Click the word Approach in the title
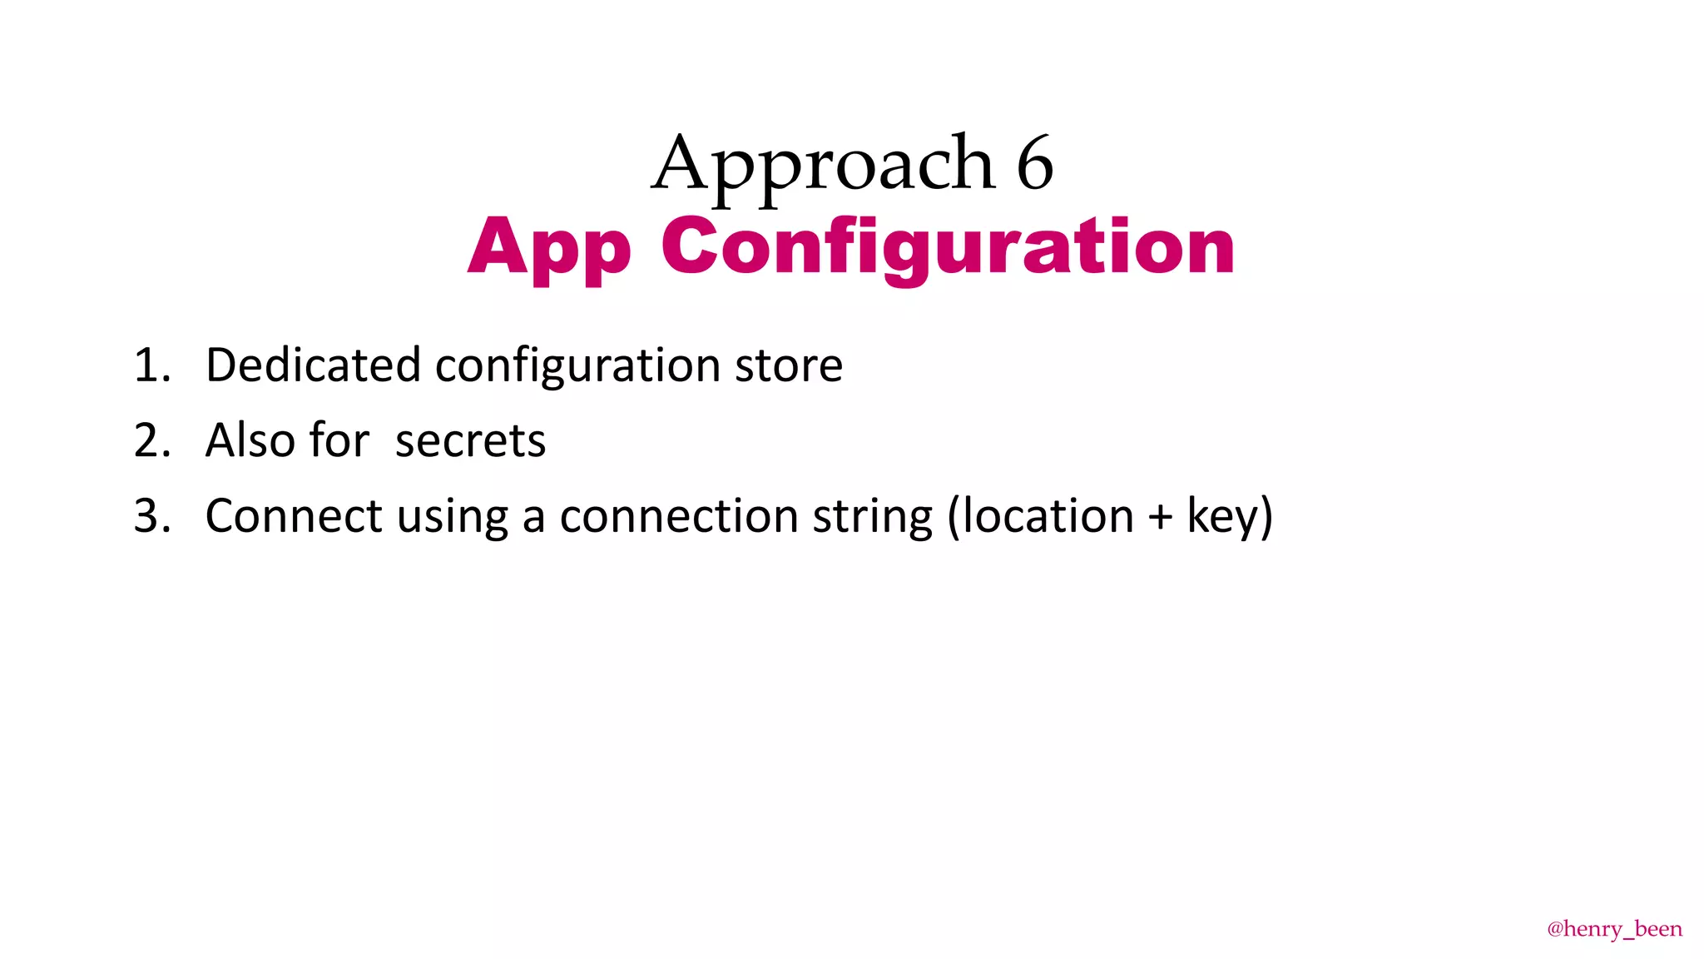click(823, 165)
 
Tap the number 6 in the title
click(1034, 163)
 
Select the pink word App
click(549, 247)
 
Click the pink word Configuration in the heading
click(948, 247)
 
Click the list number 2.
click(151, 440)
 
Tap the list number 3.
click(151, 516)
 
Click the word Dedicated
click(313, 365)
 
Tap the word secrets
click(470, 441)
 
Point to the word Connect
click(293, 516)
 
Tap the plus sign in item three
click(1160, 517)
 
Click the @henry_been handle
click(1613, 929)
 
